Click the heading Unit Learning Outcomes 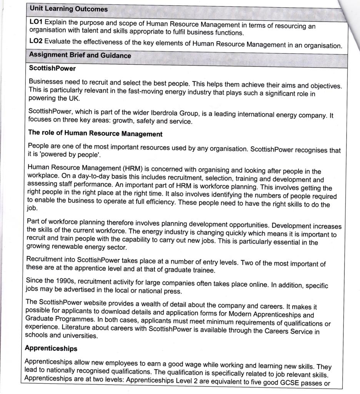pyautogui.click(x=68, y=8)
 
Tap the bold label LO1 pyautogui.click(x=36, y=22)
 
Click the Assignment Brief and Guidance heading pyautogui.click(x=80, y=55)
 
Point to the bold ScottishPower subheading pyautogui.click(x=52, y=68)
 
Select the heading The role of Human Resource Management pyautogui.click(x=95, y=134)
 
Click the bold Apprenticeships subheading pyautogui.click(x=51, y=349)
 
